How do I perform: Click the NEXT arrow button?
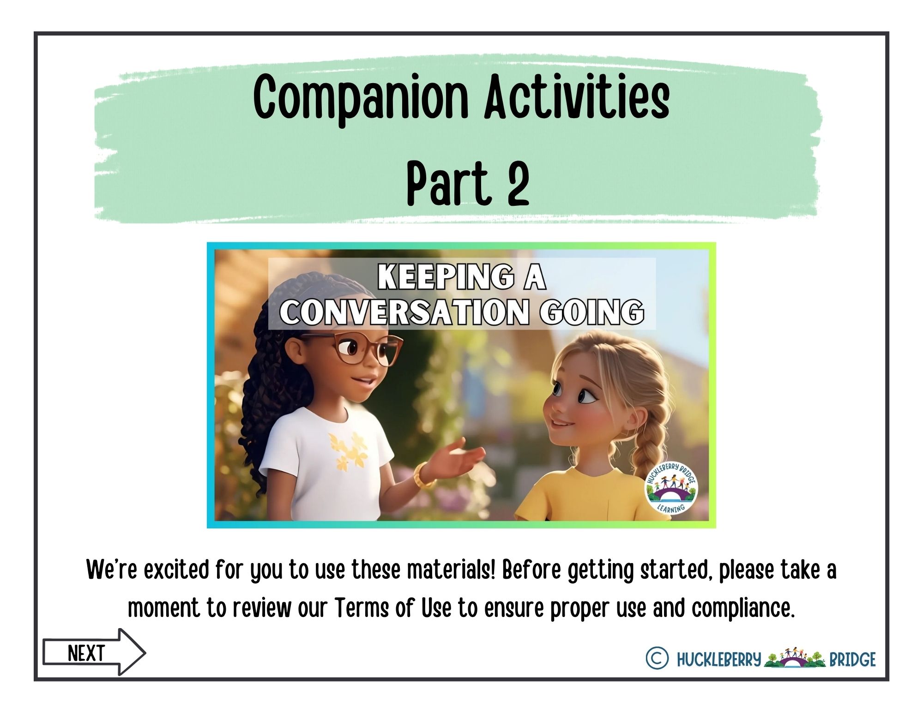click(x=94, y=652)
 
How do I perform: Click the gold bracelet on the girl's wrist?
click(x=424, y=475)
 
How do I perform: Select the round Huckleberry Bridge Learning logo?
click(x=671, y=488)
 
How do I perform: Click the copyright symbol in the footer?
click(x=657, y=659)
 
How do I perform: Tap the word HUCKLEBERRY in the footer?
click(x=718, y=659)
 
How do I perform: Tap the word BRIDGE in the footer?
click(x=852, y=659)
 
